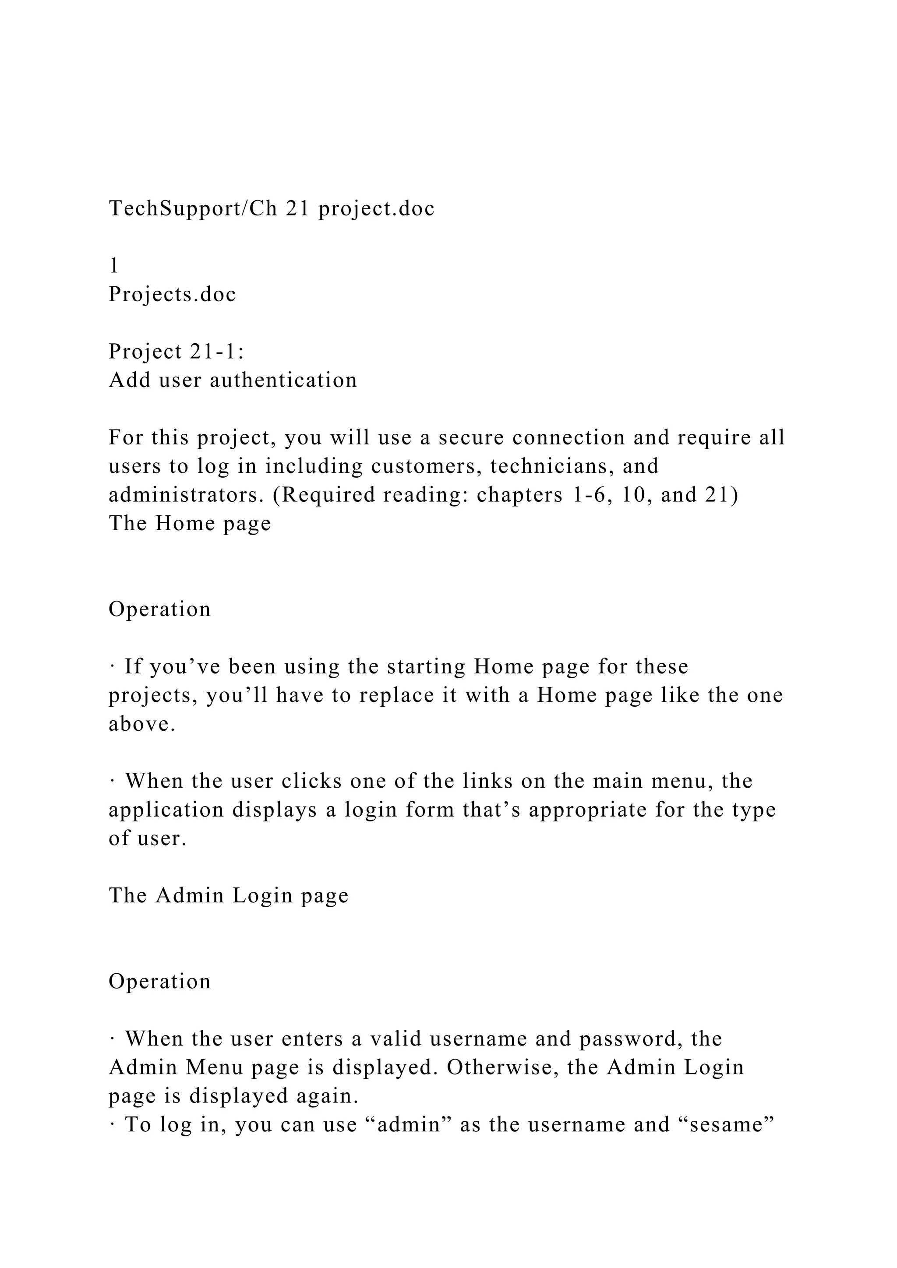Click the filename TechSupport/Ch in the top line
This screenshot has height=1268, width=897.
[193, 209]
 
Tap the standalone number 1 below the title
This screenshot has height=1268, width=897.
[114, 266]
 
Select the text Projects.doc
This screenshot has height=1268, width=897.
[172, 294]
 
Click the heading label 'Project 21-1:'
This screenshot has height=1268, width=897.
[176, 352]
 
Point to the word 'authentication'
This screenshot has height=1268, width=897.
[283, 380]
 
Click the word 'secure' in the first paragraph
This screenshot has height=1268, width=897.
[472, 437]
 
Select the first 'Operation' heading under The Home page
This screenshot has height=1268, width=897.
[159, 609]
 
